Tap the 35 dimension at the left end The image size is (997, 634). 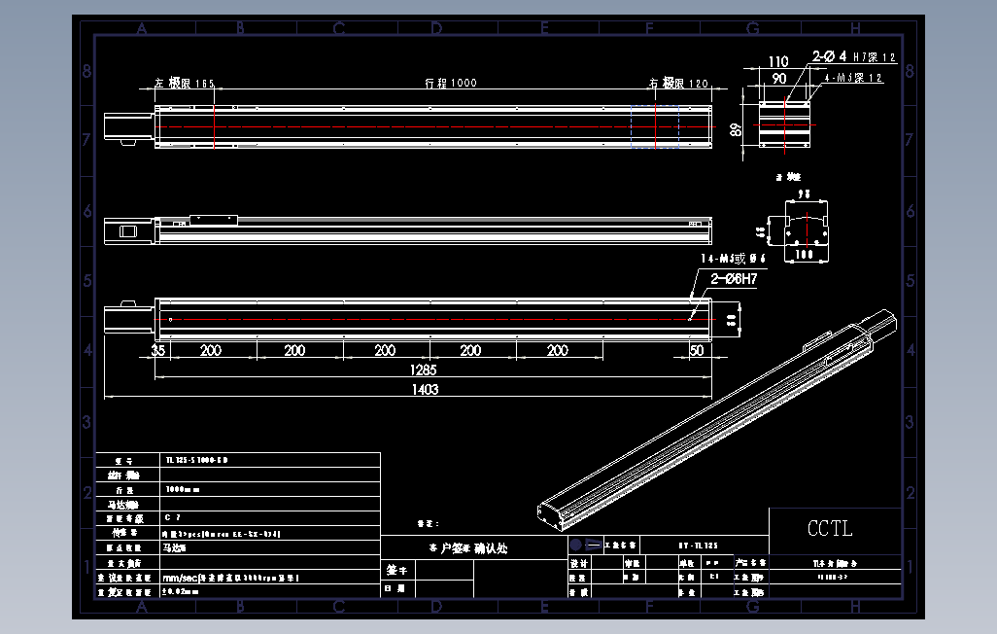pyautogui.click(x=158, y=350)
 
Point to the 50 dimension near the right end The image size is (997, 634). pyautogui.click(x=696, y=350)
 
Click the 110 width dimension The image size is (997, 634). pyautogui.click(x=778, y=61)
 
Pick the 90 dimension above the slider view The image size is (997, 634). pyautogui.click(x=779, y=77)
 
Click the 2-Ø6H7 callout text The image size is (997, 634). pyautogui.click(x=734, y=278)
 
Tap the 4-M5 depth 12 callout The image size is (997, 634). pyautogui.click(x=852, y=78)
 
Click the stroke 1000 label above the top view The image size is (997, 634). pyautogui.click(x=451, y=84)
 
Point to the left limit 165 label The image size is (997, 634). pyautogui.click(x=185, y=84)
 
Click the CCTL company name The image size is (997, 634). pyautogui.click(x=830, y=529)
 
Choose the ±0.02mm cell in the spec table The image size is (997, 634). pyautogui.click(x=181, y=590)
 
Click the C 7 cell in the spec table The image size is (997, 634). pyautogui.click(x=173, y=519)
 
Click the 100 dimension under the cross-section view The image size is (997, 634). pyautogui.click(x=804, y=254)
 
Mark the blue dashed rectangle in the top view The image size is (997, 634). pyautogui.click(x=655, y=126)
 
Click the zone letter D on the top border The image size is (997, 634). pyautogui.click(x=437, y=29)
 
